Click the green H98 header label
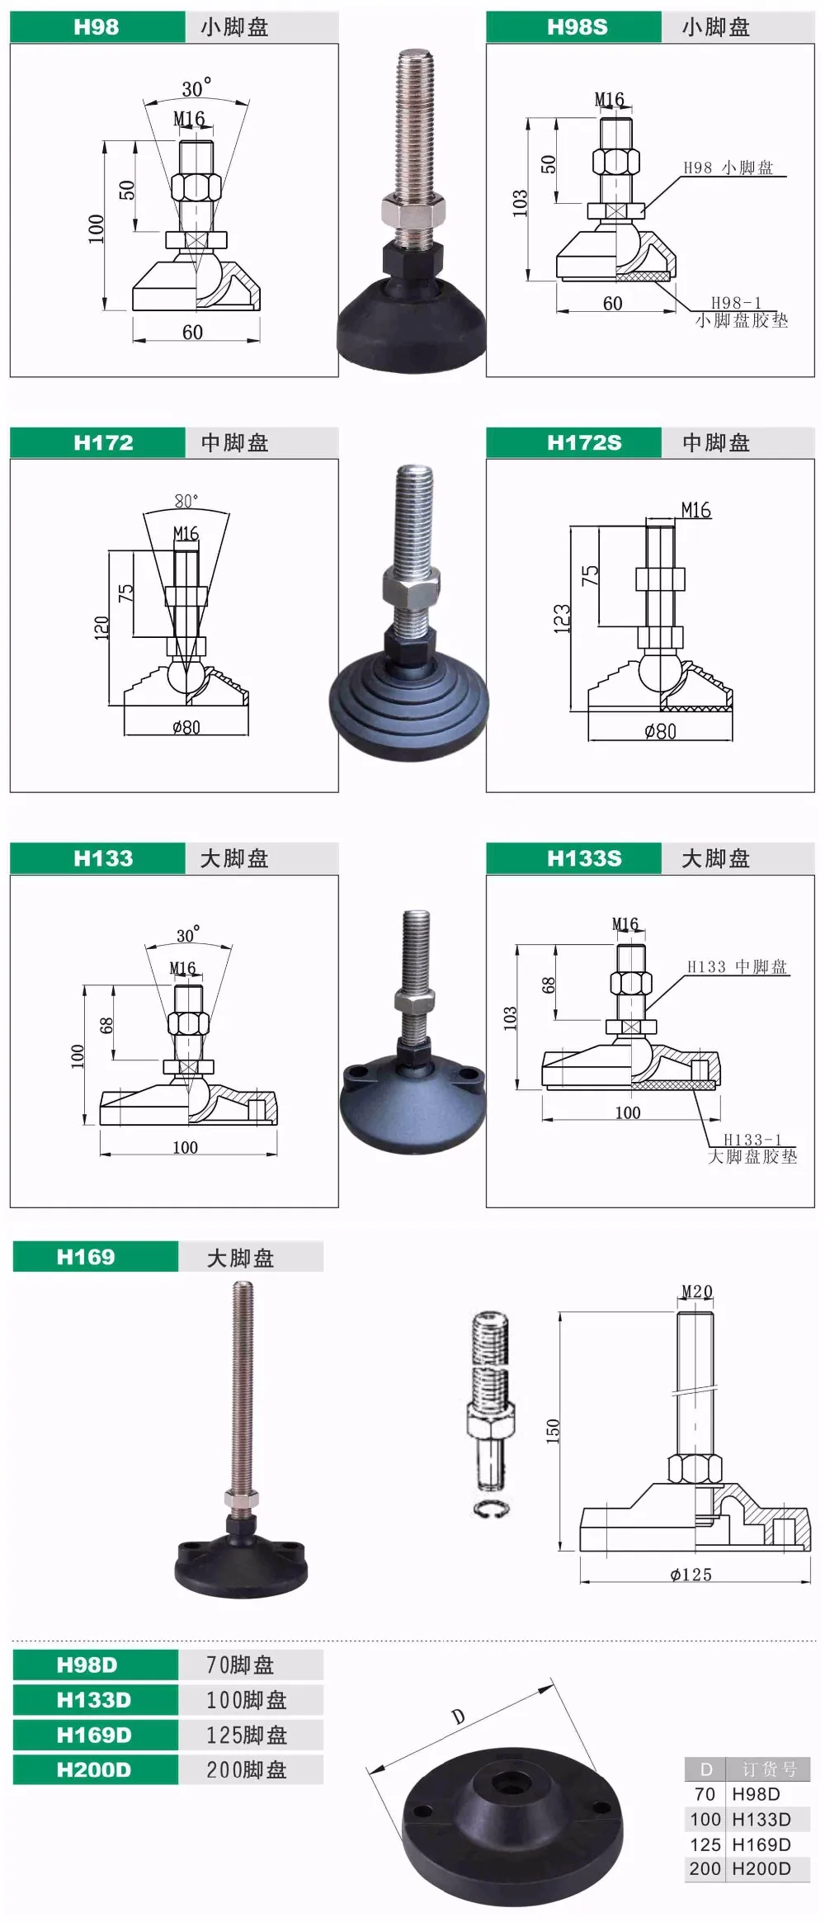pos(97,27)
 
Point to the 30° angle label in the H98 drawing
pos(196,87)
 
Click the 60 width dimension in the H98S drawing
pos(612,304)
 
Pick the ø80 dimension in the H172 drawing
pos(186,727)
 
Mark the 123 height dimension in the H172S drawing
pos(562,619)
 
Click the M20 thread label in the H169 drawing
pos(697,1292)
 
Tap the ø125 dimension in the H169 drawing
pos(691,1575)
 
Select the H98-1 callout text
pos(737,303)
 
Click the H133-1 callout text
pos(753,1140)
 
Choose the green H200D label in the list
pos(95,1769)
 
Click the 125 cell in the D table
pos(705,1844)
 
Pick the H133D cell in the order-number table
pos(761,1819)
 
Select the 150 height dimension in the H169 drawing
pos(553,1430)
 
